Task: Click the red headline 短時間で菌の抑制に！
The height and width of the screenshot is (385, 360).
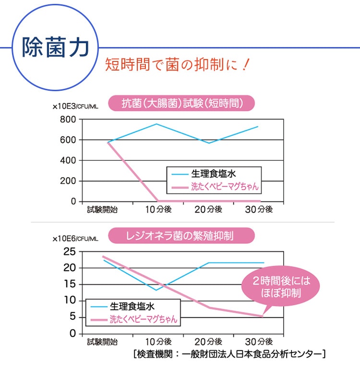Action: [178, 64]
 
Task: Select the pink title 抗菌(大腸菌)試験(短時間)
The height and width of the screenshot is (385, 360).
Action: [181, 103]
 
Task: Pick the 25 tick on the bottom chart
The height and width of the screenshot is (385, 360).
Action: [70, 251]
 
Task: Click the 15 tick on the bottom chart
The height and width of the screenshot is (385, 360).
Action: [70, 284]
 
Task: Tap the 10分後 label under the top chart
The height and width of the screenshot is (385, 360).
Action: [158, 209]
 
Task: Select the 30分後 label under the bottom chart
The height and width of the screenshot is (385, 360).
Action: [258, 342]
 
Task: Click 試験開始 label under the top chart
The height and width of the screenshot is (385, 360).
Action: [102, 209]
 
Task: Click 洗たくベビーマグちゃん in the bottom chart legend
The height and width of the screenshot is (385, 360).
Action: [143, 319]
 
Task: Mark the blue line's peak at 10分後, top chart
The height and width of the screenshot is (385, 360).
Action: [157, 124]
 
